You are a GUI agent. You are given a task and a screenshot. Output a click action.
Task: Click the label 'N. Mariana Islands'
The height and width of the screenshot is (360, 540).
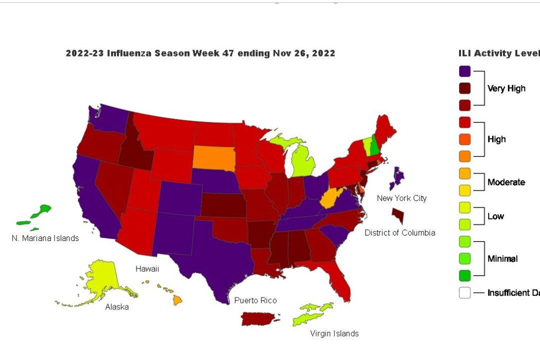[x=45, y=238]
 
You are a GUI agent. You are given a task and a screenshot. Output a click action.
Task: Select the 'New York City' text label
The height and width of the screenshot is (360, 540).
[x=401, y=198]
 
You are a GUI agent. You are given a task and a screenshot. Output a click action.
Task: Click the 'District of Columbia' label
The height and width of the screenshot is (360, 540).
[x=399, y=232]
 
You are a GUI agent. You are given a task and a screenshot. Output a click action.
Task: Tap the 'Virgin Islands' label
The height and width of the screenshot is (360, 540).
[x=334, y=333]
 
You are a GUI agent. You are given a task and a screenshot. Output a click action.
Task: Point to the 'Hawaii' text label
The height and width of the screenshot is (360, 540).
[x=147, y=269]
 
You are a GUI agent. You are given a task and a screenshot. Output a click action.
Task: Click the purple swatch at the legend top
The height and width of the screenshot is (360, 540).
[x=464, y=71]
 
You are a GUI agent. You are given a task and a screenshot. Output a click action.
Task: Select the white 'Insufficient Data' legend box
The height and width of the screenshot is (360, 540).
[x=464, y=292]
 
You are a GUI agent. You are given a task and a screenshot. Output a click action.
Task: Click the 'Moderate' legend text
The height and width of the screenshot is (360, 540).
[x=506, y=182]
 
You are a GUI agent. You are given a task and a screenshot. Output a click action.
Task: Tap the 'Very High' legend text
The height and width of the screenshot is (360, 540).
[x=506, y=88]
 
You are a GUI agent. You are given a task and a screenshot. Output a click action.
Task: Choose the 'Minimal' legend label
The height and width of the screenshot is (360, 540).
[x=502, y=258]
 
